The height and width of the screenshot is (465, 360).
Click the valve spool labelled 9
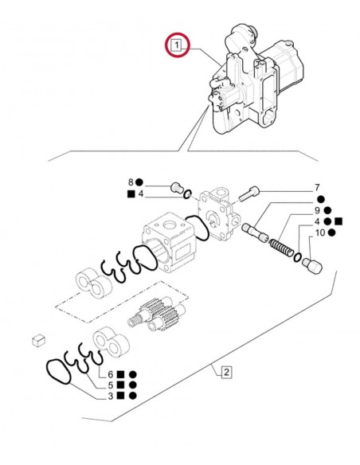(256, 232)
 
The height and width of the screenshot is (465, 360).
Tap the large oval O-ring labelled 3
(61, 371)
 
